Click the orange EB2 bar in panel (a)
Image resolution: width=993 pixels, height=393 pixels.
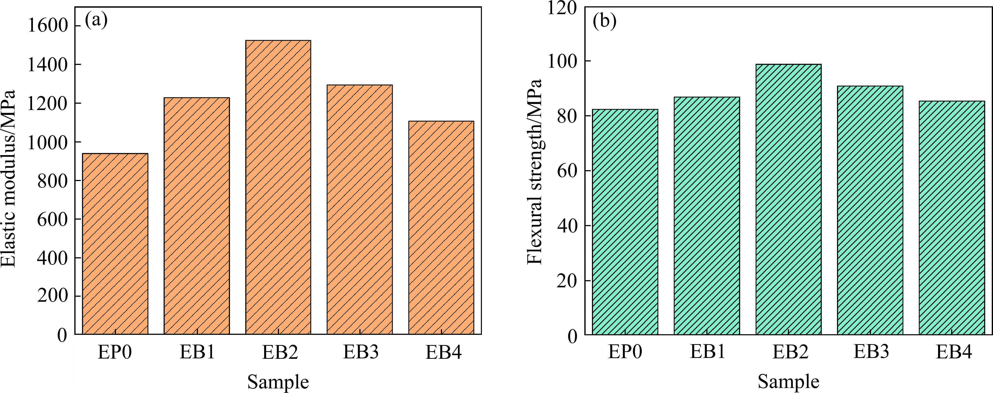point(278,187)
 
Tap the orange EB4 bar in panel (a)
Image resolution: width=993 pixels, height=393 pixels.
point(441,227)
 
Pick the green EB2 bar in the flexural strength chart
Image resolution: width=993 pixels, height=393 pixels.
point(788,199)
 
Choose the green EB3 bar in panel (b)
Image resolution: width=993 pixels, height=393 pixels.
point(870,210)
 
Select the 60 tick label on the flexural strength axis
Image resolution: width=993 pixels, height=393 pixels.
point(568,171)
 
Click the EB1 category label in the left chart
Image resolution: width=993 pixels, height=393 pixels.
point(197,352)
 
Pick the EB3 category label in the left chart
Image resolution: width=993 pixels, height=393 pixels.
point(361,352)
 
